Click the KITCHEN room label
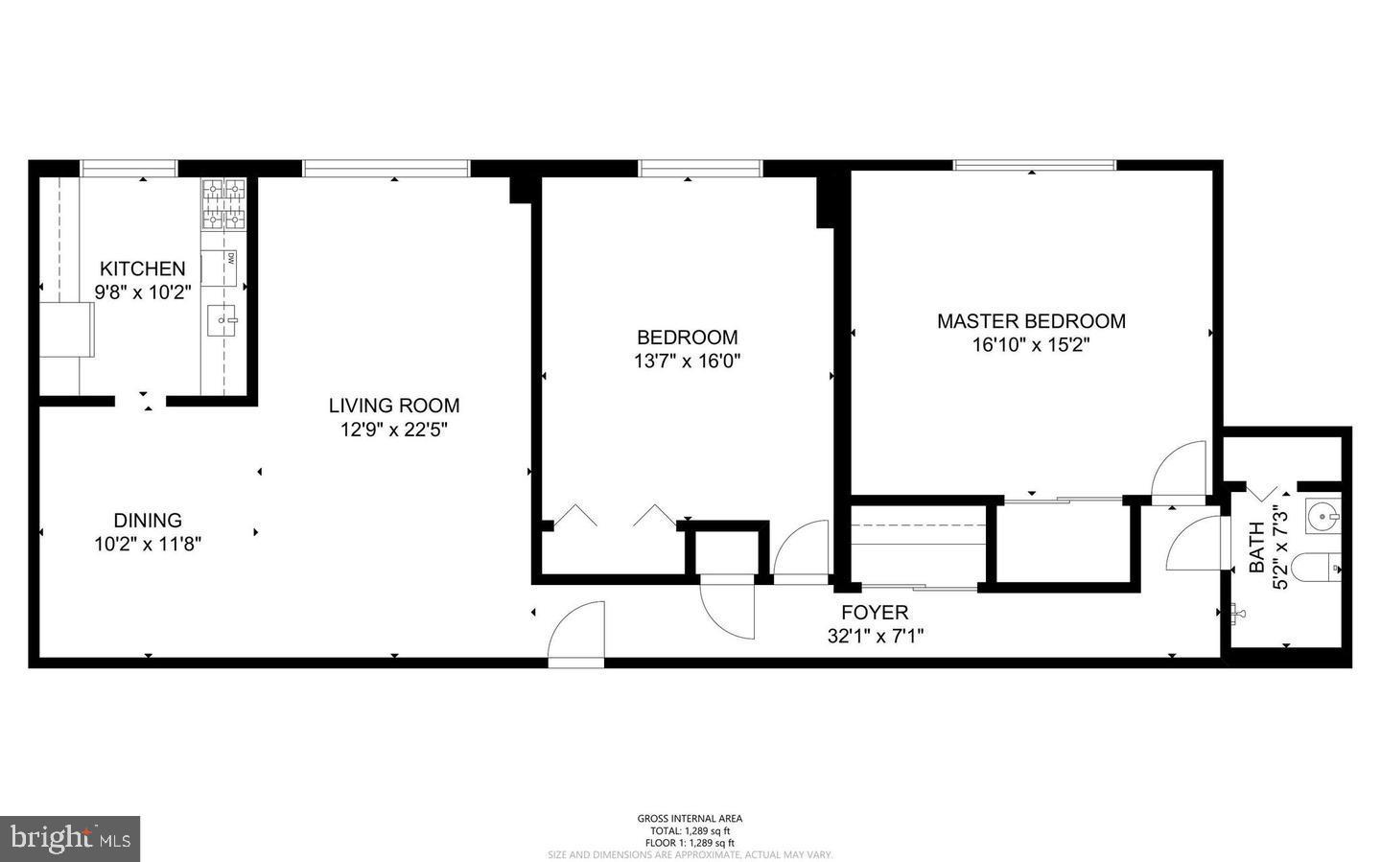pyautogui.click(x=143, y=268)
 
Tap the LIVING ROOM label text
pyautogui.click(x=394, y=406)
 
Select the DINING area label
pyautogui.click(x=148, y=521)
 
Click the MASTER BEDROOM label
pyautogui.click(x=1031, y=321)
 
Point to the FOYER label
pyautogui.click(x=875, y=612)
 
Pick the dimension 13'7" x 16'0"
pyautogui.click(x=688, y=361)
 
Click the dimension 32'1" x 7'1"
pyautogui.click(x=875, y=635)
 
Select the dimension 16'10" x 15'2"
pyautogui.click(x=1031, y=345)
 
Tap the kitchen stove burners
pyautogui.click(x=223, y=204)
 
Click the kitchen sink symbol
pyautogui.click(x=223, y=317)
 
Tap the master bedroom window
pyautogui.click(x=1034, y=165)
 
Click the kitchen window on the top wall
pyautogui.click(x=129, y=169)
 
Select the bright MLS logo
pyautogui.click(x=69, y=838)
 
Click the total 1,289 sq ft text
pyautogui.click(x=690, y=830)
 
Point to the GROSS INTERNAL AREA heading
pyautogui.click(x=690, y=819)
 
